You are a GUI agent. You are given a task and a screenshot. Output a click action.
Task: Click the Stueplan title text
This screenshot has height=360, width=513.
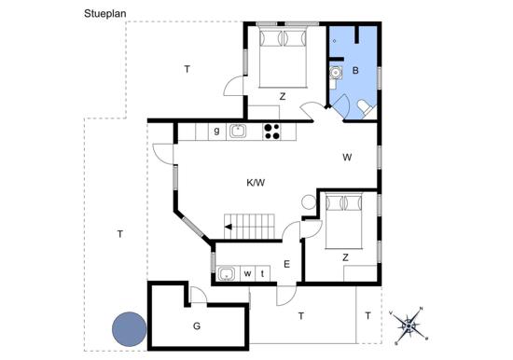coord(105,14)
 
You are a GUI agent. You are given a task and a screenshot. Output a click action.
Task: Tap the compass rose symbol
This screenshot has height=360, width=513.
coord(409,325)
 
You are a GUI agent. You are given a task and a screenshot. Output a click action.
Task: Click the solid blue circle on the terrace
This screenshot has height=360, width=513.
coord(130,329)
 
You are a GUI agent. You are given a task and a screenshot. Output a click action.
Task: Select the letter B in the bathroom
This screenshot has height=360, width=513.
coord(355,70)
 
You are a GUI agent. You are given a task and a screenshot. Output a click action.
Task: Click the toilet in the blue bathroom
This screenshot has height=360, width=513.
coord(366,107)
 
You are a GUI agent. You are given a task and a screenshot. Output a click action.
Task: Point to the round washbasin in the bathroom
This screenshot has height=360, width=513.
coord(336,73)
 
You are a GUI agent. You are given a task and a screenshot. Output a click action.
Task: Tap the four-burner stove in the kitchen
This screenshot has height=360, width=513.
coord(271,132)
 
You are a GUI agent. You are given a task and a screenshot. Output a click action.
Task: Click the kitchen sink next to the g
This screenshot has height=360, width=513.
coord(238,132)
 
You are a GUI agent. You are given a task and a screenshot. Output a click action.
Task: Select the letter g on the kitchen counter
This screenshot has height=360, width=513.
coord(216,131)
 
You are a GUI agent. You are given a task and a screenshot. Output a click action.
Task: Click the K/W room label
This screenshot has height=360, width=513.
coord(256,183)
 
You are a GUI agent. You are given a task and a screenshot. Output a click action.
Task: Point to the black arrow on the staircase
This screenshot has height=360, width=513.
coord(229,227)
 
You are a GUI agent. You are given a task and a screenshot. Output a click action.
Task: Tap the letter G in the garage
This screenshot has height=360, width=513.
coord(197,326)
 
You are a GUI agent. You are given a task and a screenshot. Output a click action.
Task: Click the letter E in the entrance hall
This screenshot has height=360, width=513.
coord(286,264)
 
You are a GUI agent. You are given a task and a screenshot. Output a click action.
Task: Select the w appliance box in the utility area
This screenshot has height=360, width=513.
coord(248,273)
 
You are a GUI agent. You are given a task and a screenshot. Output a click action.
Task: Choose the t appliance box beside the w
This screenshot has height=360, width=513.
coord(263,273)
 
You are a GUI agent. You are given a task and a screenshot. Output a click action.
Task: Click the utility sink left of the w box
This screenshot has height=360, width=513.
coord(226,273)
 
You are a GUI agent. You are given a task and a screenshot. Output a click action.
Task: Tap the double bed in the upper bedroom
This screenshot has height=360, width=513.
coord(283,58)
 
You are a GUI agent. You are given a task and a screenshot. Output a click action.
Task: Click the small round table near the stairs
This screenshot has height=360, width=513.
coord(309,202)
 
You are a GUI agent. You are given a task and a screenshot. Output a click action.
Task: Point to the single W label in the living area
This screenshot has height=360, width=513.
coord(347,158)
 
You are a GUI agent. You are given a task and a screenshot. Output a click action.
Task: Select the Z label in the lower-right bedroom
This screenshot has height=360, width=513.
coord(345,258)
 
